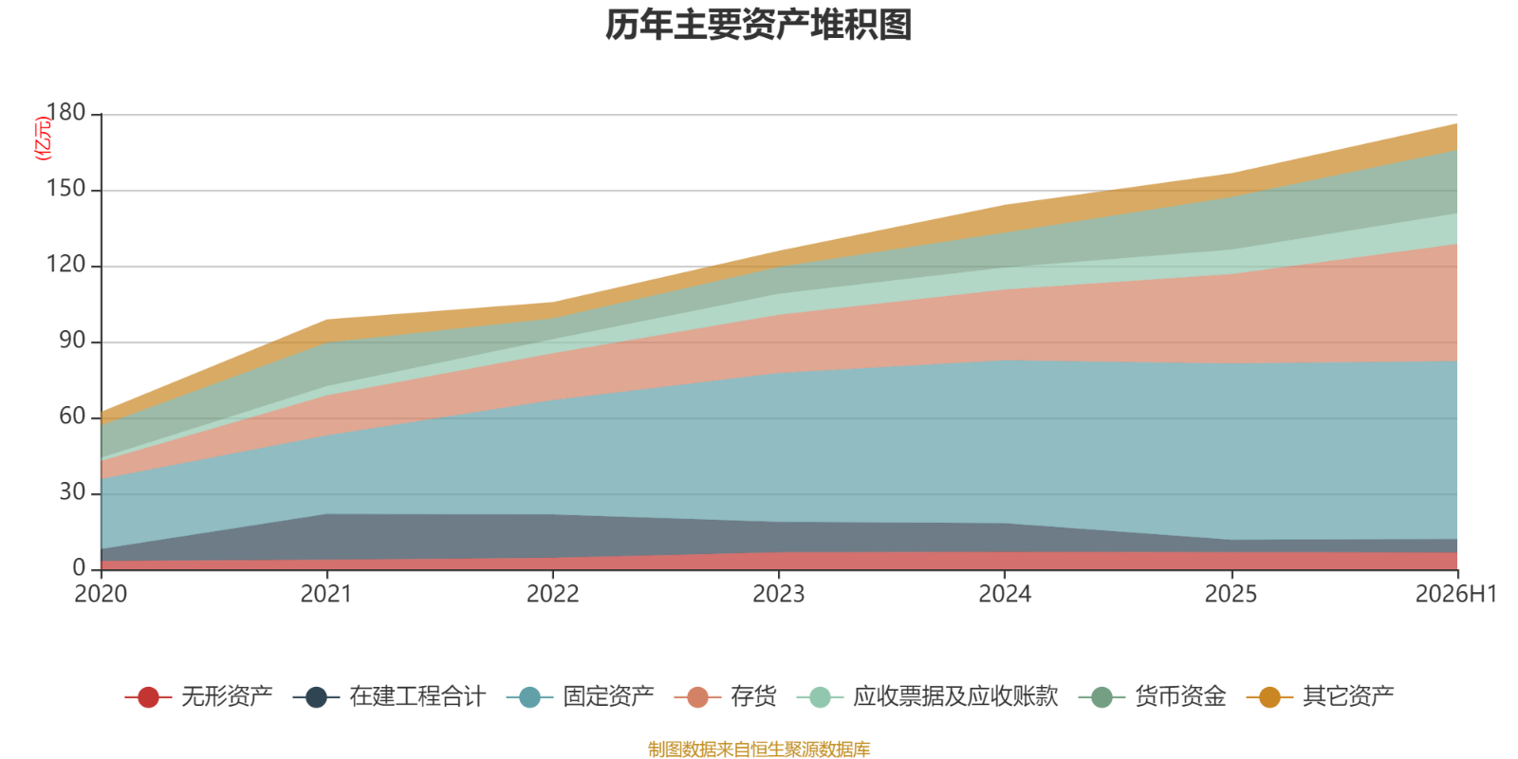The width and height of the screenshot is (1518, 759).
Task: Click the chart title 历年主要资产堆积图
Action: pos(758,25)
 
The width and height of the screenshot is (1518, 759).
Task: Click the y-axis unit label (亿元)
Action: pos(42,139)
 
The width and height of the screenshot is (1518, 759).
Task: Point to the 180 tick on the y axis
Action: pos(65,113)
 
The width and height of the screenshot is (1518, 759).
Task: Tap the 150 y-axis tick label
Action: pos(65,189)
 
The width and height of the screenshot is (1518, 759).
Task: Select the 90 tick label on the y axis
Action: pos(72,341)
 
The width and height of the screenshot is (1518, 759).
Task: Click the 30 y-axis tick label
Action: pos(72,492)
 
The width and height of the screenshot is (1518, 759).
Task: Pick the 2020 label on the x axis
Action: pos(101,594)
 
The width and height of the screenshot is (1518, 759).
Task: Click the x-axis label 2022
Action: pos(553,594)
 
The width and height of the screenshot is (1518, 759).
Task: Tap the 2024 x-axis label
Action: pos(1005,594)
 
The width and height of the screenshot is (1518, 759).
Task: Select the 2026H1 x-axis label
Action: pos(1456,594)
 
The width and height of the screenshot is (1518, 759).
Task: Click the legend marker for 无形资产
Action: pos(148,696)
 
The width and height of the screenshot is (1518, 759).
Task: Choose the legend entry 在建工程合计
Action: pos(390,696)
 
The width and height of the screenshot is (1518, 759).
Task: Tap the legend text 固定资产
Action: pos(608,696)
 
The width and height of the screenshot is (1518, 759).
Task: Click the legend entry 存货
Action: pos(725,696)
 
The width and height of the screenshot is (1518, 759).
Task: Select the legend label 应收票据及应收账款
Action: pos(955,696)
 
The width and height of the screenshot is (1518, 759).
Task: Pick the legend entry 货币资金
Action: pos(1152,696)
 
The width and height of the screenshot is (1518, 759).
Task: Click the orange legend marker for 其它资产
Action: pos(1269,696)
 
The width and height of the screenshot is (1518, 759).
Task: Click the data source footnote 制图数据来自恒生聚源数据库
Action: pos(759,749)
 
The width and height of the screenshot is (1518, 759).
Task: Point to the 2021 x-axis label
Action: pos(326,594)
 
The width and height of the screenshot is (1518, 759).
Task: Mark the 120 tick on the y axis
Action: pos(65,265)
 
